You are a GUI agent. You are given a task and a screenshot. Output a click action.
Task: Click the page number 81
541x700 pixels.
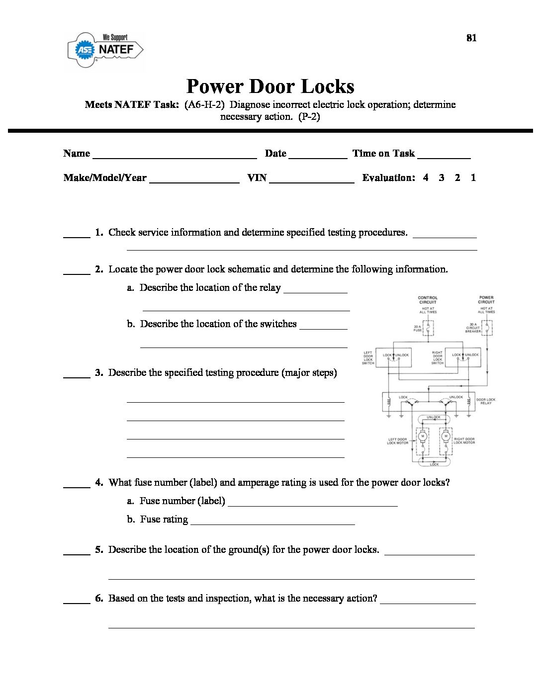pyautogui.click(x=471, y=38)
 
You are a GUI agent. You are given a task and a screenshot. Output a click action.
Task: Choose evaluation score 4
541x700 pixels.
pyautogui.click(x=426, y=177)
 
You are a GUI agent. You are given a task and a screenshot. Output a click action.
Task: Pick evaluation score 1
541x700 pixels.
pyautogui.click(x=473, y=177)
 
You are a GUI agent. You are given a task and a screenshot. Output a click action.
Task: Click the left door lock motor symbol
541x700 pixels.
pyautogui.click(x=423, y=437)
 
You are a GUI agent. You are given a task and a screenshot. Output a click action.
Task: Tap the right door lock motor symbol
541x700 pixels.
pyautogui.click(x=446, y=437)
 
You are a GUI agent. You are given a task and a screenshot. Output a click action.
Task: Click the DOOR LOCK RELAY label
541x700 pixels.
pyautogui.click(x=485, y=401)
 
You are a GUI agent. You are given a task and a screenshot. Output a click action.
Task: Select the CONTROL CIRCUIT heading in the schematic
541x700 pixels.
pyautogui.click(x=428, y=300)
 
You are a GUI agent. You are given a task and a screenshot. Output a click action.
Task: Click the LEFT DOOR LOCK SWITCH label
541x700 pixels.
pyautogui.click(x=368, y=358)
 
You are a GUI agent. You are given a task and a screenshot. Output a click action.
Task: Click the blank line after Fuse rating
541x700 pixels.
pyautogui.click(x=272, y=523)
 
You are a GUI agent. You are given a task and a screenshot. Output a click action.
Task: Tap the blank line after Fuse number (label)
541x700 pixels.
pyautogui.click(x=312, y=505)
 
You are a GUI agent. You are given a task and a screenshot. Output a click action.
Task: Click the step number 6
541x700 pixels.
pyautogui.click(x=99, y=599)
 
